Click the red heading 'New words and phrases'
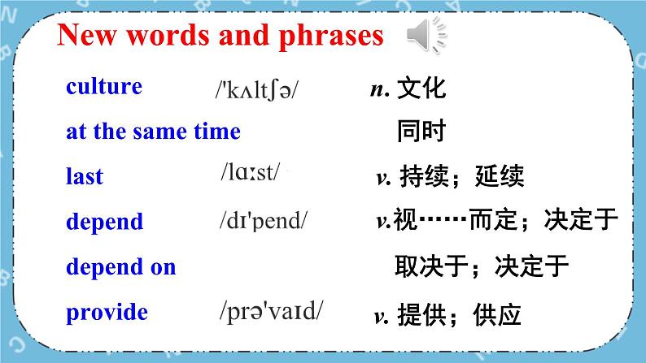[x=220, y=37]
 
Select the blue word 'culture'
[x=103, y=87]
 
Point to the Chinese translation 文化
[x=421, y=89]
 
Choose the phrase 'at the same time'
[x=153, y=132]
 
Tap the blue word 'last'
[x=84, y=176]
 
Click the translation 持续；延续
[x=460, y=176]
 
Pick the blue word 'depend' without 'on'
[x=104, y=222]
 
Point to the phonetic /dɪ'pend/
[x=264, y=220]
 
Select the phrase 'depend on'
[x=120, y=266]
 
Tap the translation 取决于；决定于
[x=481, y=266]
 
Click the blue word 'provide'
[x=107, y=312]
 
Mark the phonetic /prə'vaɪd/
[x=271, y=310]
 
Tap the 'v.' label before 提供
[x=379, y=316]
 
